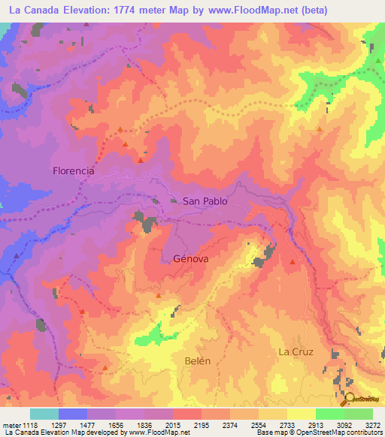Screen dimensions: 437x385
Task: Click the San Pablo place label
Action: pos(205,201)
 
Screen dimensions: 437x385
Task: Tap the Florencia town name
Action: pos(74,170)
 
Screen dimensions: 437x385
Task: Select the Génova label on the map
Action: pos(190,258)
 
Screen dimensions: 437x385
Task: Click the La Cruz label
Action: pos(295,351)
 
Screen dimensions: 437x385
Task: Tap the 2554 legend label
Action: pos(260,424)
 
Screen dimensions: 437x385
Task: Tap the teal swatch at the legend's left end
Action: pos(44,414)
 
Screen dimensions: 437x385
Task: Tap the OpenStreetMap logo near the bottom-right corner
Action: pos(362,399)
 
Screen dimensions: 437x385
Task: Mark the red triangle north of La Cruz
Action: pos(293,261)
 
